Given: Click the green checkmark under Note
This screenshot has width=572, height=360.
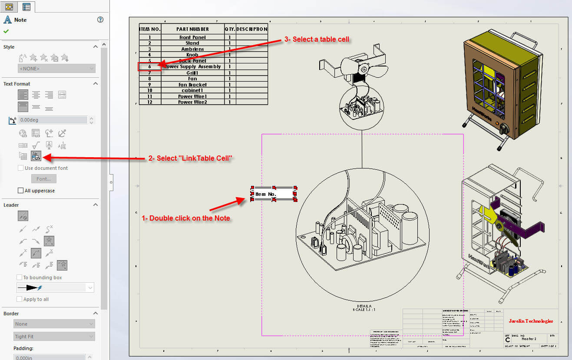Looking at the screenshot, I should click(6, 31).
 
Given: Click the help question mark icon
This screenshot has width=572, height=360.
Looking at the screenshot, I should click(100, 20).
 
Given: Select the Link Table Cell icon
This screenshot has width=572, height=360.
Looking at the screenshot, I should click(36, 156).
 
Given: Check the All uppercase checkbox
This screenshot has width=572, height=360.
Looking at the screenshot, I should click(20, 191).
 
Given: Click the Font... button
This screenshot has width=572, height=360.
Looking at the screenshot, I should click(43, 179).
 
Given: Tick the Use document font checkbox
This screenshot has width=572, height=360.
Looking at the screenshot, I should click(20, 168).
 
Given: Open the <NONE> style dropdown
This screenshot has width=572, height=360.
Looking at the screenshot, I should click(56, 69).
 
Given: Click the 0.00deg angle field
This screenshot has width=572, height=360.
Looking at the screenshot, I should click(52, 120).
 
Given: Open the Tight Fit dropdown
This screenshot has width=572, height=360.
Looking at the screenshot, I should click(54, 337).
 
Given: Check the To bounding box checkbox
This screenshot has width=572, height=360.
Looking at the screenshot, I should click(19, 277).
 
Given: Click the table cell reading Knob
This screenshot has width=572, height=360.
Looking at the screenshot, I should click(192, 55).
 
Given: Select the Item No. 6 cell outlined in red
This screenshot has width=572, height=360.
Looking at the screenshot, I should click(149, 67).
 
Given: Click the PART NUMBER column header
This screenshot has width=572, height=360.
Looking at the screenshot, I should click(192, 29).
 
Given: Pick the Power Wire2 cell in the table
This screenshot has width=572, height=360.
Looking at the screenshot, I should click(192, 102).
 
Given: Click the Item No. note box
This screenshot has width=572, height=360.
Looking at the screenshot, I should click(274, 194).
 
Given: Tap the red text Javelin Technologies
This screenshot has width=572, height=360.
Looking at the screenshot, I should click(531, 321).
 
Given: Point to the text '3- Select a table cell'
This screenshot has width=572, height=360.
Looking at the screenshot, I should click(317, 39).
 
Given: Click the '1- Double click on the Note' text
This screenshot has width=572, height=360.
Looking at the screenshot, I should click(186, 218).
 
